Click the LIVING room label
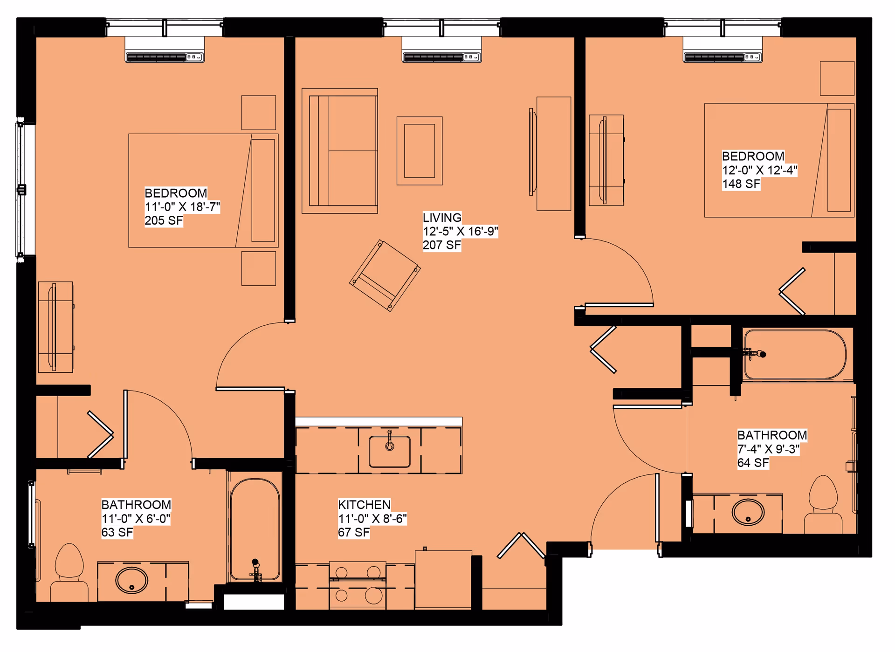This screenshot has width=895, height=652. tap(442, 218)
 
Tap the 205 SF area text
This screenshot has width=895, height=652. tap(164, 221)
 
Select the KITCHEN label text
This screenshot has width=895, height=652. tap(364, 505)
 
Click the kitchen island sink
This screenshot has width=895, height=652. tap(390, 451)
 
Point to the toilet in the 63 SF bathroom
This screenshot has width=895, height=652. tap(69, 573)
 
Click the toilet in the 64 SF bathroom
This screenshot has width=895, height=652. tap(823, 506)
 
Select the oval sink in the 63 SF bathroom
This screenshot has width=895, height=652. tap(132, 581)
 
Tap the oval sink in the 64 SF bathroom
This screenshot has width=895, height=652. tap(748, 513)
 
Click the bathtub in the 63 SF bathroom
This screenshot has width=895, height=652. tap(255, 529)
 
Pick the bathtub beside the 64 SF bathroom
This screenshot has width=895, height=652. tap(794, 355)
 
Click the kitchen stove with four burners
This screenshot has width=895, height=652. tap(358, 585)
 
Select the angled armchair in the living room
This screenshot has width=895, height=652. tap(385, 275)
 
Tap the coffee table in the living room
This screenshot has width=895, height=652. tap(420, 151)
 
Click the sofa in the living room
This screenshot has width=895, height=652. tap(340, 151)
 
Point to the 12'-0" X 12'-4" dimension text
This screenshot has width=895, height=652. tap(759, 170)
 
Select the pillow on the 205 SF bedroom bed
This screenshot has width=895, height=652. tap(263, 190)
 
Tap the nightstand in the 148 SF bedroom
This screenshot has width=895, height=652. tap(837, 78)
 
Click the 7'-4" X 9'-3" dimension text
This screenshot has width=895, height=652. tap(768, 449)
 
